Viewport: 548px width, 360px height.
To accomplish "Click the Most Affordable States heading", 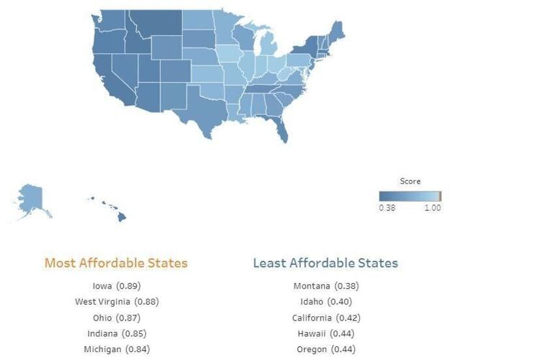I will click(x=116, y=263).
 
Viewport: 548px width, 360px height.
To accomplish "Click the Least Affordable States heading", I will click(x=325, y=263).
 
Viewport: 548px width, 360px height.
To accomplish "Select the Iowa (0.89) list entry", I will click(x=116, y=285).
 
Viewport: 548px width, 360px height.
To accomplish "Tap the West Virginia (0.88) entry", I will click(x=116, y=301).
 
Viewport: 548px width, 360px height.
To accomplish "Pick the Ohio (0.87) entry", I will click(x=116, y=318).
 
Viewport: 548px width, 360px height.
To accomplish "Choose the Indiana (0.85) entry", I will click(x=116, y=333).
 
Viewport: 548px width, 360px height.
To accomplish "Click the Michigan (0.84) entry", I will click(x=116, y=349).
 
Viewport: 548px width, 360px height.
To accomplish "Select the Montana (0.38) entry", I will click(x=325, y=285).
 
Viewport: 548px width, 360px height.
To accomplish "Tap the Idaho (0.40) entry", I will click(x=325, y=301).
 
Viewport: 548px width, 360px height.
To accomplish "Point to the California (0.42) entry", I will click(x=325, y=318).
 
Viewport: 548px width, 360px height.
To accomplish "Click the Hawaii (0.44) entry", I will click(x=325, y=333).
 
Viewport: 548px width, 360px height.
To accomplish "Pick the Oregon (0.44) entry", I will click(x=325, y=349).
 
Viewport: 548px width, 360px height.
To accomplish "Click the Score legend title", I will click(x=410, y=181).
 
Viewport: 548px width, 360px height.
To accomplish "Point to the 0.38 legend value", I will click(x=387, y=208).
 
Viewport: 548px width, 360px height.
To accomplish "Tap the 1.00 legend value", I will click(x=432, y=208).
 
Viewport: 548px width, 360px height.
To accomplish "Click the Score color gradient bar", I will click(x=410, y=196).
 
